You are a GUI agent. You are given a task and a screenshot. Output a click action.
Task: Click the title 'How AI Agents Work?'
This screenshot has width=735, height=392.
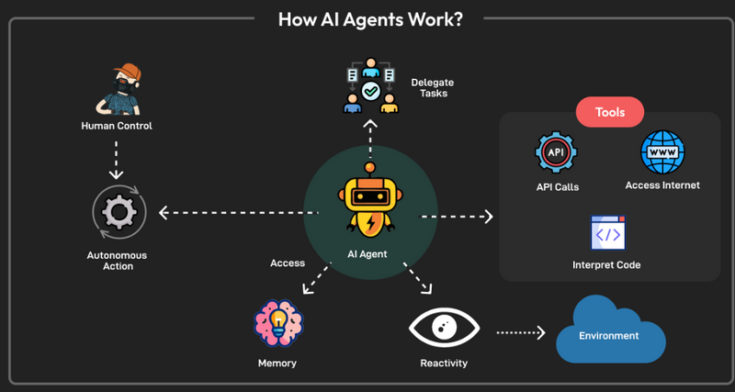click(369, 18)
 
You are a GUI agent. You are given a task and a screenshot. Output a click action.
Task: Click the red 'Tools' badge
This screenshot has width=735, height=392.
click(609, 113)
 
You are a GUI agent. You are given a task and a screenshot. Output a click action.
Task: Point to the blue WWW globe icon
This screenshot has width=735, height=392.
click(661, 152)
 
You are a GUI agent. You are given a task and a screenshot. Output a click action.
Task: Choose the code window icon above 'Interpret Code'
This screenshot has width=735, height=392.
click(606, 232)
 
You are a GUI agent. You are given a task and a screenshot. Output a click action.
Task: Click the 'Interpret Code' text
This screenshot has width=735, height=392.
click(606, 265)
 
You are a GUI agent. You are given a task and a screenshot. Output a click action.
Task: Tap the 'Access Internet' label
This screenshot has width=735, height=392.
click(662, 185)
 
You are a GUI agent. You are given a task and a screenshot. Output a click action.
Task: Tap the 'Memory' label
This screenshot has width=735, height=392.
click(277, 364)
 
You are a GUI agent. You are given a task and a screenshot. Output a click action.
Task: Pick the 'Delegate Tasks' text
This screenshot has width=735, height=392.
click(433, 88)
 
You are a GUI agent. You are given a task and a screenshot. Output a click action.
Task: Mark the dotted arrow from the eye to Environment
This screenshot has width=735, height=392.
click(521, 333)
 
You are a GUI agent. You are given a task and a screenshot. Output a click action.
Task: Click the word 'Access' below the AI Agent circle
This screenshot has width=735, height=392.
click(288, 263)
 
